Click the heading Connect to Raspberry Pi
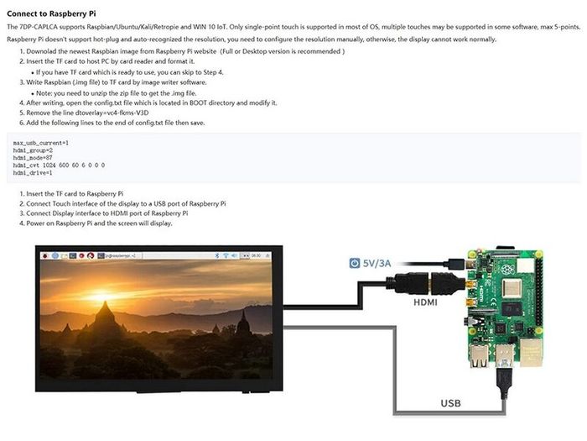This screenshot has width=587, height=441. [x=51, y=14]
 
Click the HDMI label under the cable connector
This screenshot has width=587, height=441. [x=425, y=302]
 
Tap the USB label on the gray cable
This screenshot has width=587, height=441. [x=451, y=403]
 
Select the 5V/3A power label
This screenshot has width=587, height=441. [x=377, y=263]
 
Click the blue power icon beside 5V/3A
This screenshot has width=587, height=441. [x=354, y=263]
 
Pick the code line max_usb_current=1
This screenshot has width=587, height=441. [x=41, y=143]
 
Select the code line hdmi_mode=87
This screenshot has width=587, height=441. [x=33, y=158]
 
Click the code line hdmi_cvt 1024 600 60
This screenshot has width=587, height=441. [x=59, y=165]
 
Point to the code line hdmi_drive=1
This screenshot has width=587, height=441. [x=33, y=173]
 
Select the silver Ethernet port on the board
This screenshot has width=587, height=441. [x=531, y=352]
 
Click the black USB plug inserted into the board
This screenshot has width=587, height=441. [x=504, y=381]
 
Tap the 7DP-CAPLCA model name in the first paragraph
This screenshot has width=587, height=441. [x=39, y=27]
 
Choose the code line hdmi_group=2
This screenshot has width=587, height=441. [x=33, y=150]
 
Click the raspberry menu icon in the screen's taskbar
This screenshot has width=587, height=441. [x=45, y=255]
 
